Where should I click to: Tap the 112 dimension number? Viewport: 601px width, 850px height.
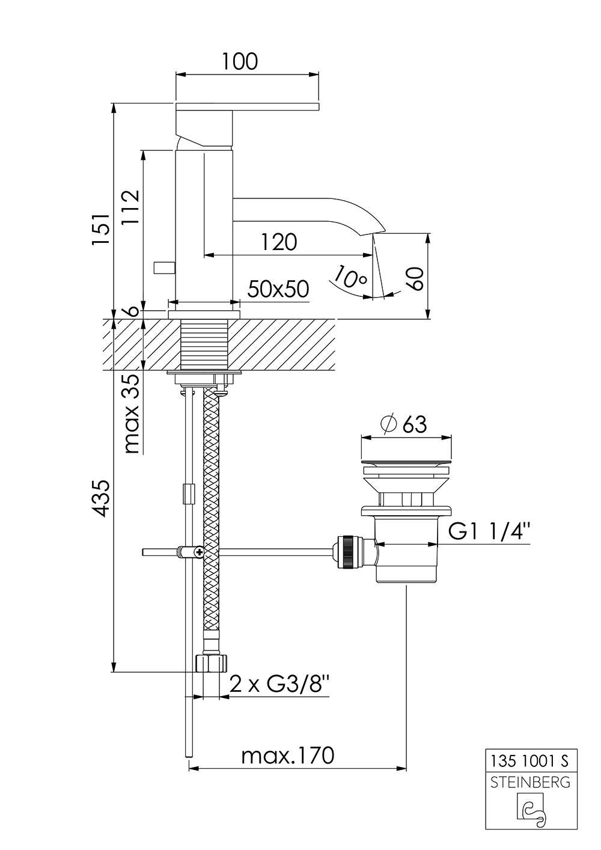tap(130, 207)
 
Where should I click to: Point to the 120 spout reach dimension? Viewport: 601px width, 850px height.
tap(279, 242)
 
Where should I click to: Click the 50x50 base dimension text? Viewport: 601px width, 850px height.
tap(278, 289)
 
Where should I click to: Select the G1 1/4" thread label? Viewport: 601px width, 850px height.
tap(490, 532)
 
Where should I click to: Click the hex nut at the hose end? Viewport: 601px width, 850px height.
tap(212, 663)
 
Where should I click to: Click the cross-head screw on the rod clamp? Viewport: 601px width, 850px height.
tap(198, 551)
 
